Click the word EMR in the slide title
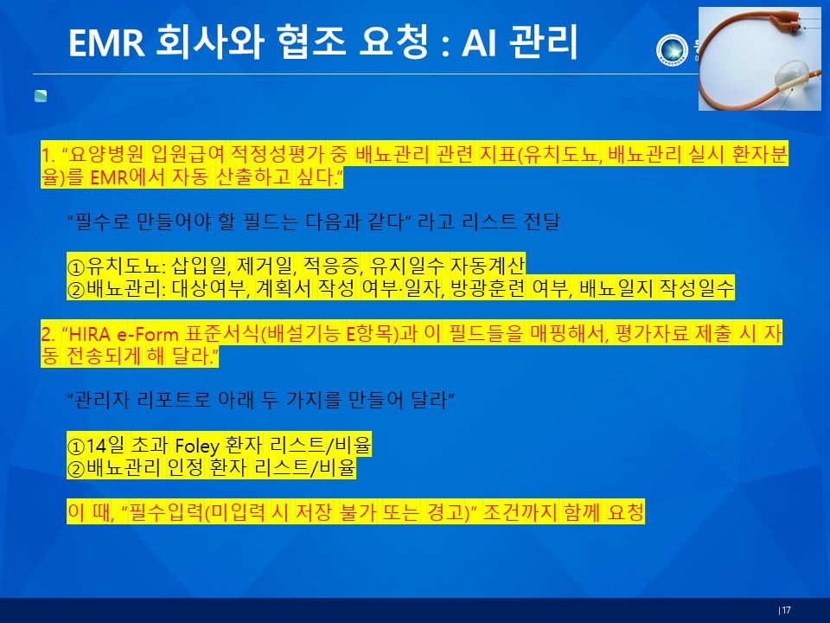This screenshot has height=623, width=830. tap(106, 42)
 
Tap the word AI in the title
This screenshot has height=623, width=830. tap(479, 42)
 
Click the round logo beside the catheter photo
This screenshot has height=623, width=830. tap(672, 50)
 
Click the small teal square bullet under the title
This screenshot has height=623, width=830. tap(41, 96)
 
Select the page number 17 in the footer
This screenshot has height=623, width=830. tap(786, 610)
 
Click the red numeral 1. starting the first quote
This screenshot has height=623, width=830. tap(48, 154)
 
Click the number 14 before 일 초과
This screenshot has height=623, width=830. tap(96, 445)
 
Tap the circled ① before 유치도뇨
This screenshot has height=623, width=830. tap(76, 266)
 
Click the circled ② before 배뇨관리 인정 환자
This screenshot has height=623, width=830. tap(76, 468)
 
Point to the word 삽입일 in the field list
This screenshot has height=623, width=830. tap(201, 265)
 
